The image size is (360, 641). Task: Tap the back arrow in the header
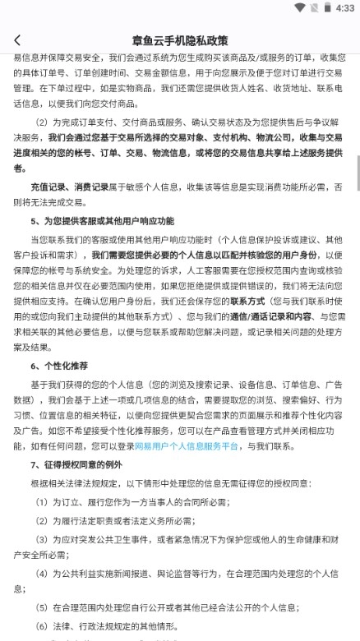click(x=17, y=39)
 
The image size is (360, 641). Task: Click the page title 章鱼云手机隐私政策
click(x=179, y=39)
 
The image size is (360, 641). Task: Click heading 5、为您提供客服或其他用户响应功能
click(x=102, y=221)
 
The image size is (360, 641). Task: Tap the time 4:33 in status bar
click(x=345, y=7)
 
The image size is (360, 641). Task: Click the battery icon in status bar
click(x=328, y=7)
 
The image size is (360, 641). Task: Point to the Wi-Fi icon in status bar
click(x=299, y=7)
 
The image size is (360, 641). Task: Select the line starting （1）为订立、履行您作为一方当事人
click(x=132, y=502)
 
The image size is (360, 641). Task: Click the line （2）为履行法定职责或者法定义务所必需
click(x=115, y=520)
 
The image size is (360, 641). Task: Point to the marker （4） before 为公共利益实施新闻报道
click(x=42, y=573)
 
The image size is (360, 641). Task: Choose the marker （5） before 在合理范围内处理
click(x=42, y=607)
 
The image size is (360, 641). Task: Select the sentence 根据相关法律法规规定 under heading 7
click(x=99, y=484)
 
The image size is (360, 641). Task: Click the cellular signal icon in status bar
click(x=313, y=7)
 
